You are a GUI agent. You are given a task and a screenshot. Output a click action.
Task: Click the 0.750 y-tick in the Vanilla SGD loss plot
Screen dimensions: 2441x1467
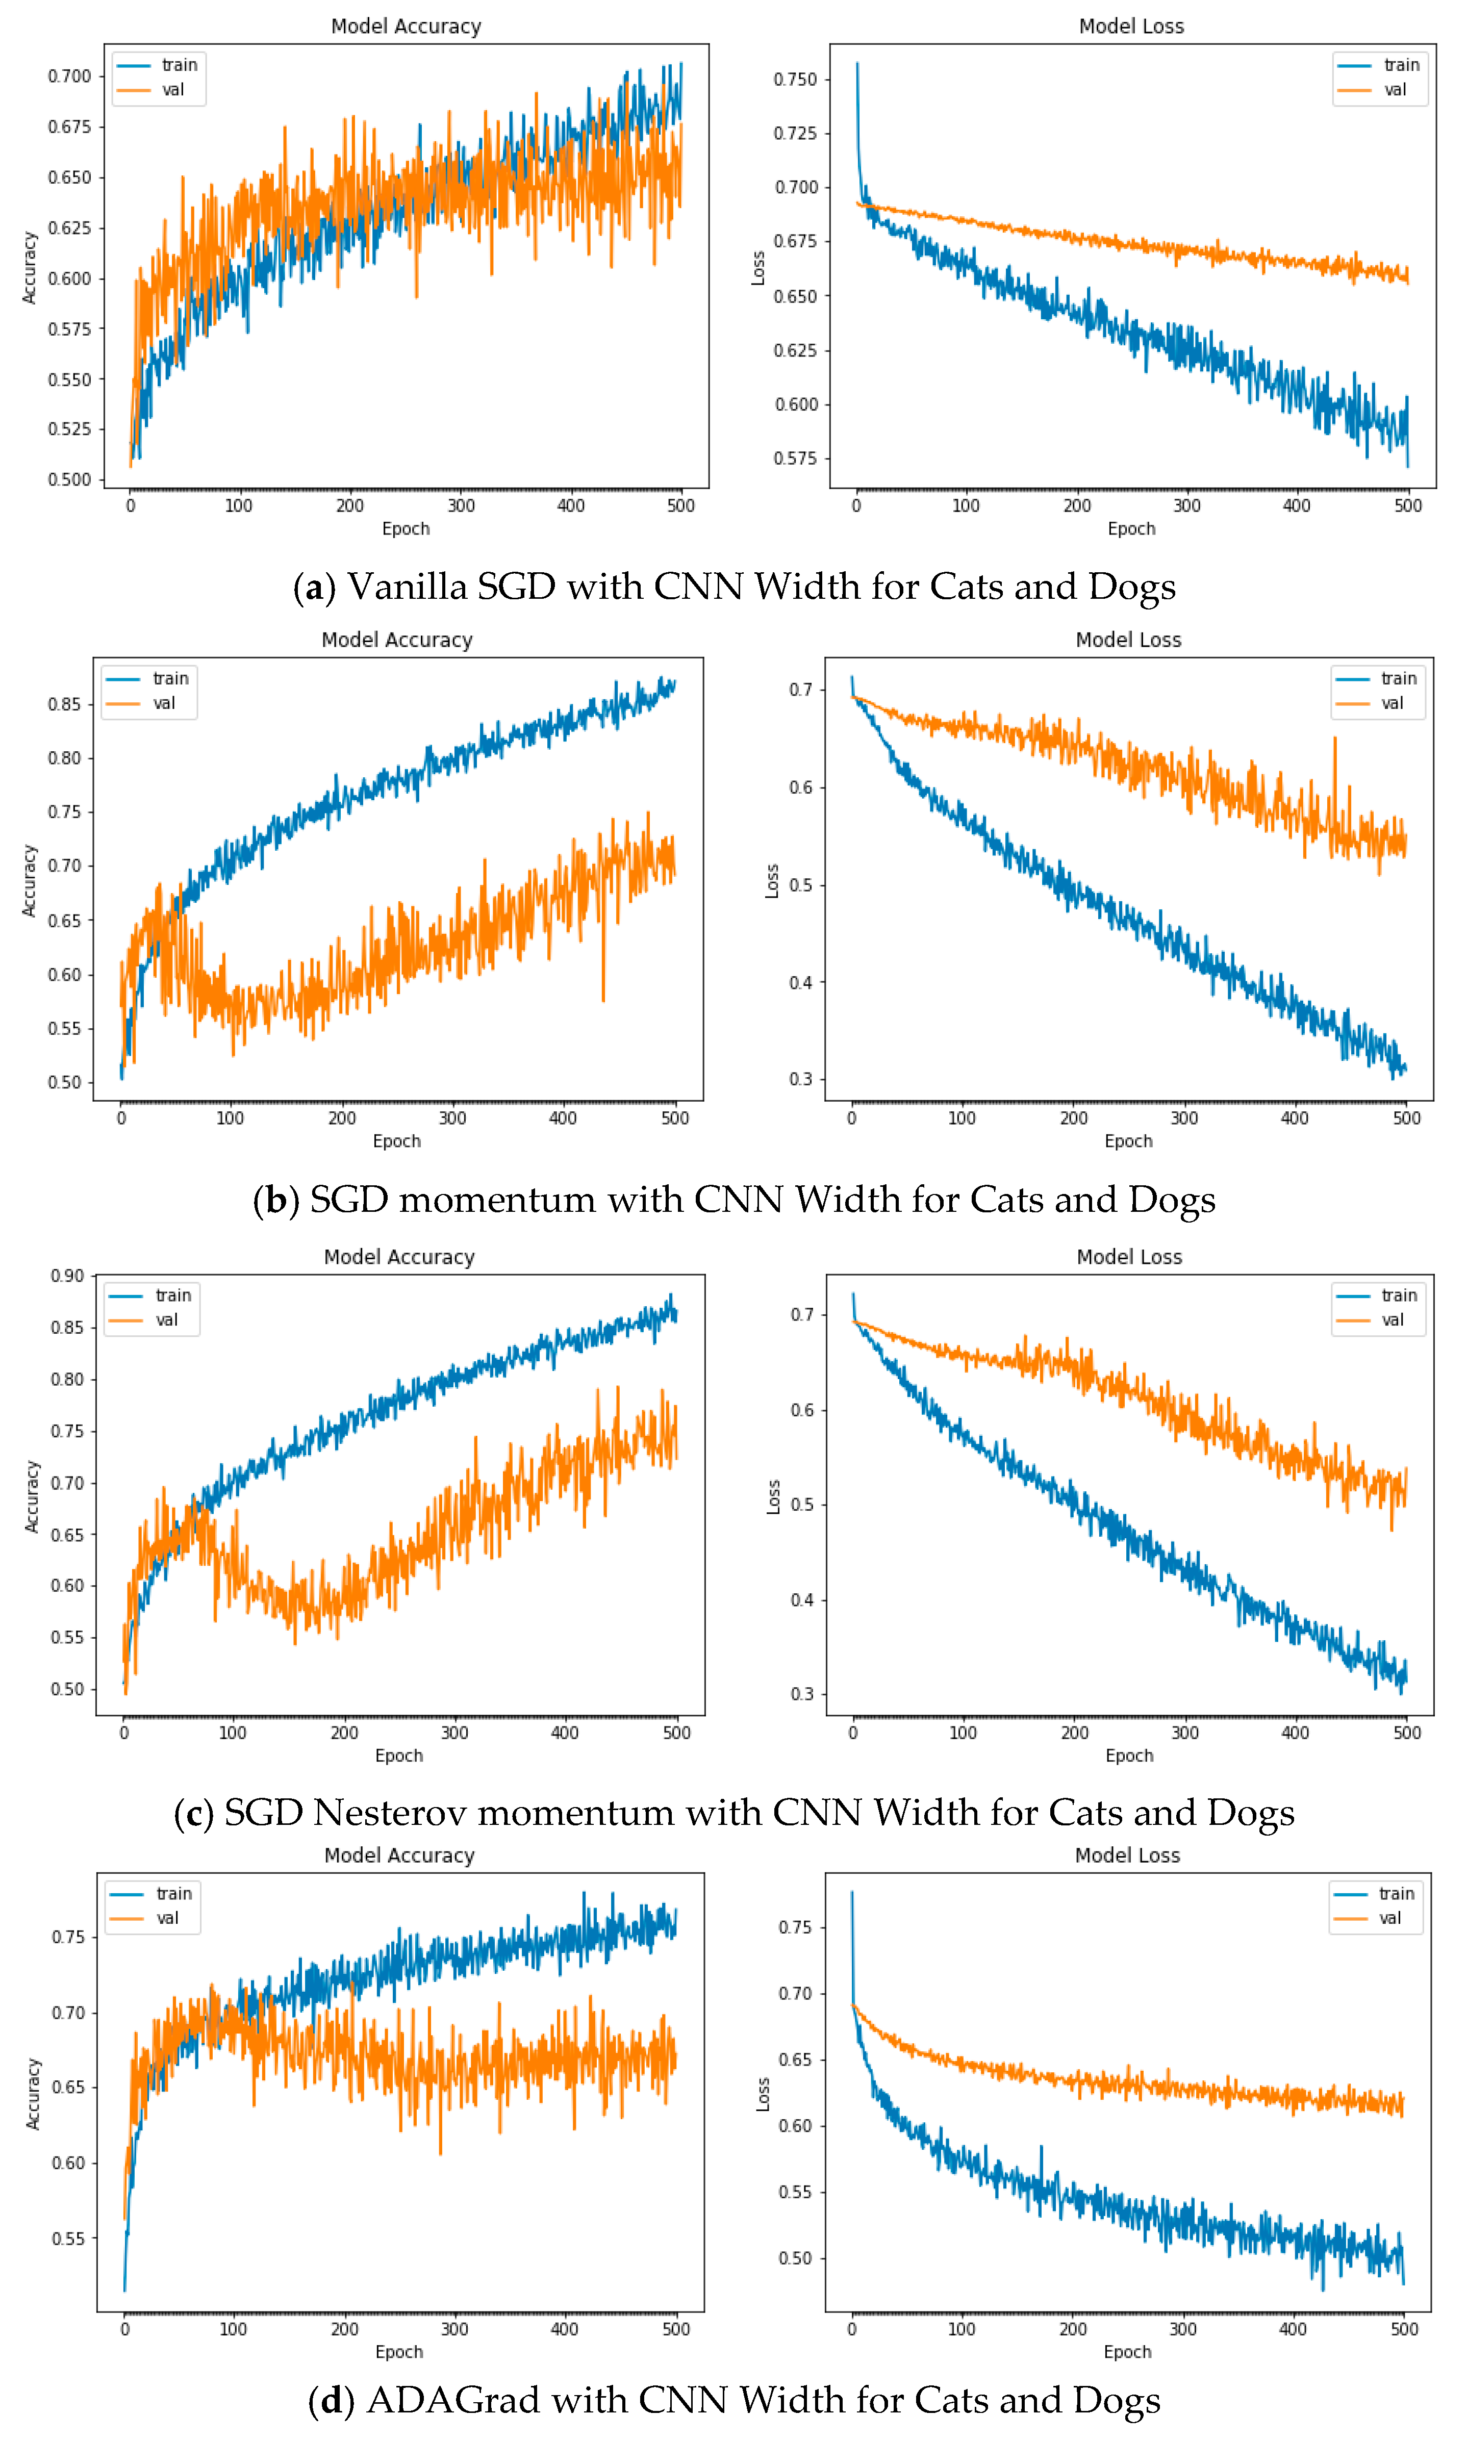click(795, 79)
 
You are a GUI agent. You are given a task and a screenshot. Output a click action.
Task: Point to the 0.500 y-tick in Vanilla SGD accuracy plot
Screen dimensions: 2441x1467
click(69, 479)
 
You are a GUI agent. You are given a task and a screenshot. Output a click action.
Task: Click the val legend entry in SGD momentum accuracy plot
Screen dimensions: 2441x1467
click(163, 704)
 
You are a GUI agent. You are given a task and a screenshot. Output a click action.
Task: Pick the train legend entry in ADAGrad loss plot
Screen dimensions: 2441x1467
click(1396, 1894)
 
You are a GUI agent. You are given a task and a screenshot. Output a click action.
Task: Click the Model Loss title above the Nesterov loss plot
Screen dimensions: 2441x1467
click(1129, 1257)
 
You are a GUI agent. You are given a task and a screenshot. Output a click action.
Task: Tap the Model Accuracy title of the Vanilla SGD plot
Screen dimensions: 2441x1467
click(406, 27)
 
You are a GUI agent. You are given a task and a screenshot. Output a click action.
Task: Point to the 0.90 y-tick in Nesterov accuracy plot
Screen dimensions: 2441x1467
click(67, 1276)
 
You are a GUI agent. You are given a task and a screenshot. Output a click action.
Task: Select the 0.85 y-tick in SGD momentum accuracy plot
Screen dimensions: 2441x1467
click(64, 705)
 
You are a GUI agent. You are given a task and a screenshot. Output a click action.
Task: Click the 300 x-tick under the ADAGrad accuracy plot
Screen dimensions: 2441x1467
click(454, 2329)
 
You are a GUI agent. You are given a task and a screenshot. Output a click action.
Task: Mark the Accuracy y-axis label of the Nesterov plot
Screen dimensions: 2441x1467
click(32, 1496)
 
